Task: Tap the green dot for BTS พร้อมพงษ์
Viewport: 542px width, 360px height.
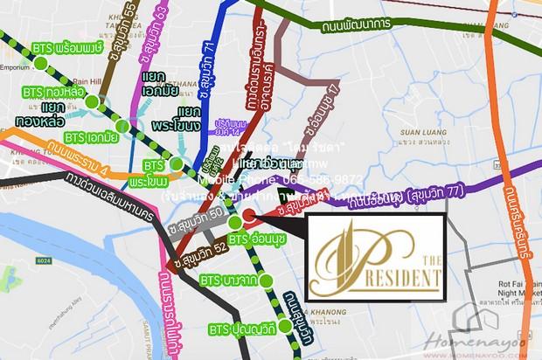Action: (x=40, y=63)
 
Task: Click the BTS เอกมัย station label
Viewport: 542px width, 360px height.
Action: (x=91, y=136)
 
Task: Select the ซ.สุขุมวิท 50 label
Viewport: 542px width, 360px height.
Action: (x=208, y=208)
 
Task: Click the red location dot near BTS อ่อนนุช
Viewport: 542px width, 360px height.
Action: (x=249, y=216)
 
